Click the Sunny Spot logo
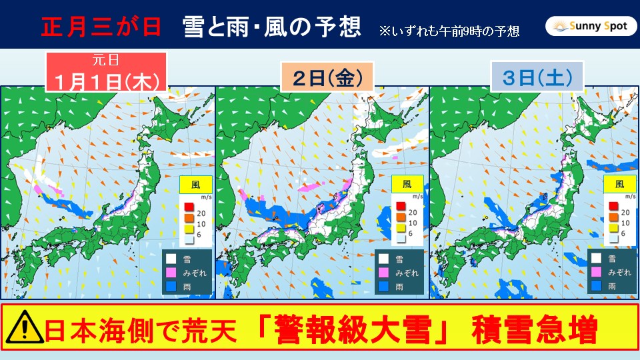point(586,26)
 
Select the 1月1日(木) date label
point(106,82)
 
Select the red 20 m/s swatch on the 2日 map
point(401,205)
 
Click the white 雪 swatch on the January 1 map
point(170,259)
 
